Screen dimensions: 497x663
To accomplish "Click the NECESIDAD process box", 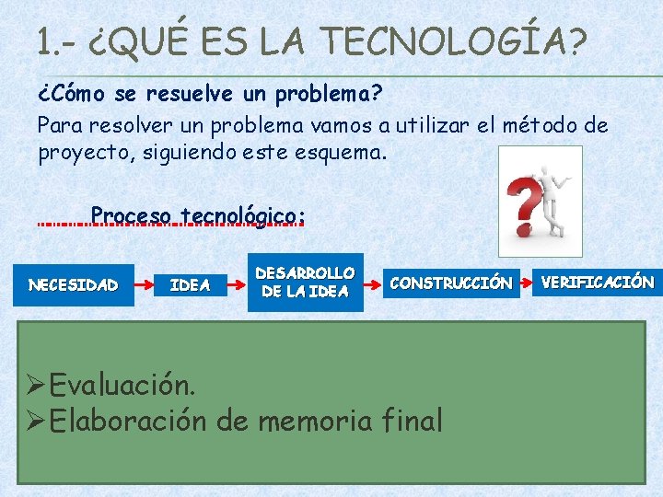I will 74,284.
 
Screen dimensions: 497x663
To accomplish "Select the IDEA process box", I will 191,284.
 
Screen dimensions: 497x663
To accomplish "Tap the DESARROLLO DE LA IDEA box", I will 305,283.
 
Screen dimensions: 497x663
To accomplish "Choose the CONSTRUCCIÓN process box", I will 451,283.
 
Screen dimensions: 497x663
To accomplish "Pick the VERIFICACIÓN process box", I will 598,282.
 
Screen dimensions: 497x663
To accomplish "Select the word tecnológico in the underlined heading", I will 241,216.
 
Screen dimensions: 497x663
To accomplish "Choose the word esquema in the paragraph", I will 345,151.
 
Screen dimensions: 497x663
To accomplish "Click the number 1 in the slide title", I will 45,42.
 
